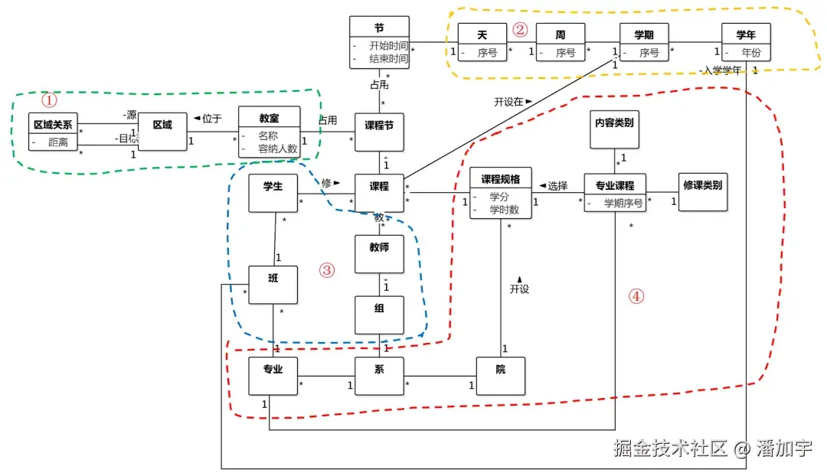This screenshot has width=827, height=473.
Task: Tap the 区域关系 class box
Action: (x=53, y=132)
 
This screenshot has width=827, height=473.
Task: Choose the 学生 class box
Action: (x=273, y=193)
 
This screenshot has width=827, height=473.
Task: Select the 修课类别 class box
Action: (x=702, y=191)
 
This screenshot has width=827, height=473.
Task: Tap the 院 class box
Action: (x=500, y=375)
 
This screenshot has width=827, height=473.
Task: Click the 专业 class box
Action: (x=273, y=375)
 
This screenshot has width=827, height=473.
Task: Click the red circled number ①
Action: (x=49, y=100)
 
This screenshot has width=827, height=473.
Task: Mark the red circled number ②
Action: (x=520, y=30)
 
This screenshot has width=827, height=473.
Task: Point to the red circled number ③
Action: (x=327, y=269)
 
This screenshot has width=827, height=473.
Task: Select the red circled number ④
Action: (x=636, y=296)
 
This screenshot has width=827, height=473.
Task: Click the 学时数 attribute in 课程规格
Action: (x=504, y=210)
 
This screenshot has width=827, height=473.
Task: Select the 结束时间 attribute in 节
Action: (x=387, y=58)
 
